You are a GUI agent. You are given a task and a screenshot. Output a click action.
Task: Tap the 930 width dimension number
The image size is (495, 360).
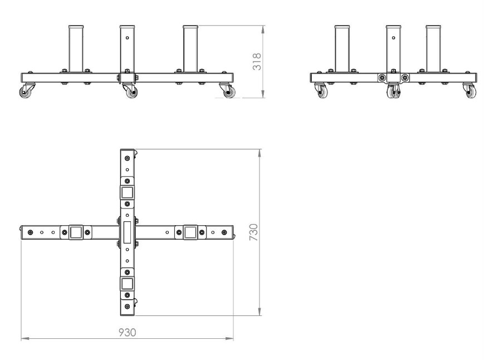coord(128,332)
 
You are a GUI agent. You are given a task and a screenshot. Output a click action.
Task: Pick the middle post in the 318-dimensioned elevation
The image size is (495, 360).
coord(128,48)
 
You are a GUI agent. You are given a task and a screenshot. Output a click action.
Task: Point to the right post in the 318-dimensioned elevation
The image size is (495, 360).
coord(190,48)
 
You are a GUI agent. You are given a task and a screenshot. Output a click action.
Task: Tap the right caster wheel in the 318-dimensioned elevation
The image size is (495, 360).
coord(228,93)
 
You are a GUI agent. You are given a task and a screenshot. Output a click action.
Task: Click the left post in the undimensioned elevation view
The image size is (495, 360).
coord(342,48)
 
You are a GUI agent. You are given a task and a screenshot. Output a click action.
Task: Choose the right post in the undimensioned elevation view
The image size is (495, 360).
coord(433,48)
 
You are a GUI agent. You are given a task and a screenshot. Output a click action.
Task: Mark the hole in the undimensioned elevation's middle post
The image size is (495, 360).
coord(394,38)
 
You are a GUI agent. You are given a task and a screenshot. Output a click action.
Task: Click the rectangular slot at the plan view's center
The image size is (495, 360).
coord(128,232)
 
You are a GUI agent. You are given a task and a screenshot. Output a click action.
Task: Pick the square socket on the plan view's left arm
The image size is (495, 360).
coord(75,232)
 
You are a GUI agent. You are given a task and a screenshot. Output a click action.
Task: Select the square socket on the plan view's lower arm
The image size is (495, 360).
coord(128,284)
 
